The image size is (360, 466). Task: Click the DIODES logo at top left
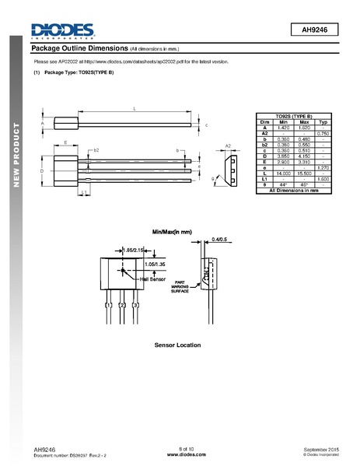click(62, 30)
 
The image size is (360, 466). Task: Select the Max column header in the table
click(304, 123)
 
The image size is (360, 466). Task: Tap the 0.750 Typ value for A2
click(324, 134)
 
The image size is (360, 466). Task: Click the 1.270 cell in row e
click(324, 166)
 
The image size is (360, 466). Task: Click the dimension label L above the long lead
click(135, 108)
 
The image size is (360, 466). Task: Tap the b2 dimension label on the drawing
click(96, 149)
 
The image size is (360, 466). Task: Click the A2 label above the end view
click(228, 145)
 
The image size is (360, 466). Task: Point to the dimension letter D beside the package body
click(41, 170)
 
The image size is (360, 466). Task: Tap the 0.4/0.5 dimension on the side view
click(220, 240)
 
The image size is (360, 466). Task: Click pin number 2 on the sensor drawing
click(123, 306)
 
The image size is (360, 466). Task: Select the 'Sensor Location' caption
click(177, 345)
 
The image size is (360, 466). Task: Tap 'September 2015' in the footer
click(320, 450)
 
